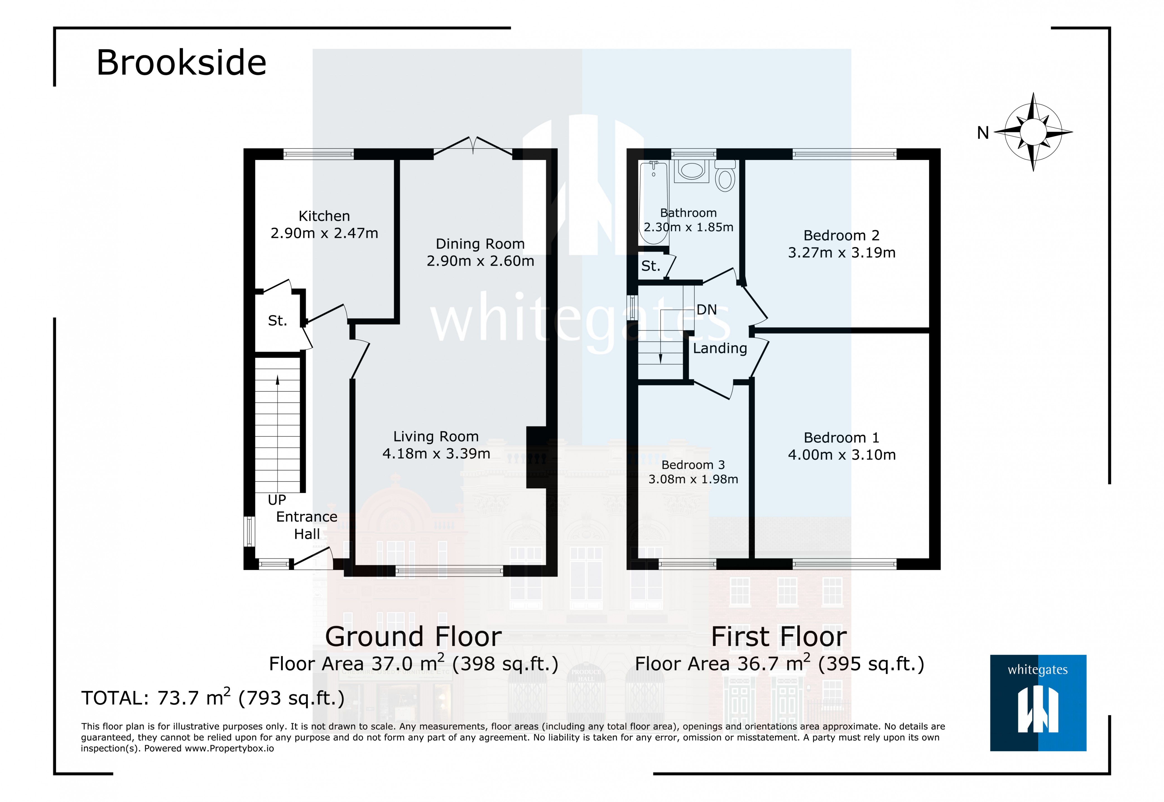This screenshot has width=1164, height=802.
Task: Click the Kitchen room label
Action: [324, 216]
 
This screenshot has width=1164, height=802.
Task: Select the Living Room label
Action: [436, 437]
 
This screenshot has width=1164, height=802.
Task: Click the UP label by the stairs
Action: [277, 500]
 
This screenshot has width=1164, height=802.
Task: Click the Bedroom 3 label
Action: [693, 465]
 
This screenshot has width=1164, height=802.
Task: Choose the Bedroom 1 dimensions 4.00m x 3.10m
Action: [841, 455]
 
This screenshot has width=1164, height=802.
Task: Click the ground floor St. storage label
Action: [277, 321]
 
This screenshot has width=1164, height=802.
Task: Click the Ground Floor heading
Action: [413, 637]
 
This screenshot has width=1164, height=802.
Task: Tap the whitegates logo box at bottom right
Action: [1038, 702]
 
